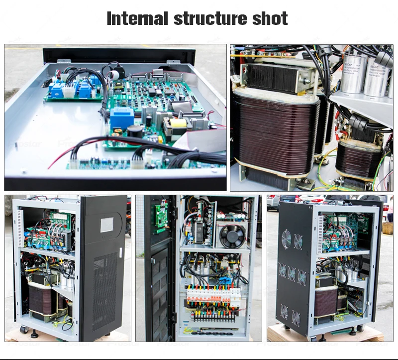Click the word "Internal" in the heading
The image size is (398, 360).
click(x=137, y=19)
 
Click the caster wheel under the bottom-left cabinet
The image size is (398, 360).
click(x=23, y=330)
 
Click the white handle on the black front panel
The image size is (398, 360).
click(x=121, y=252)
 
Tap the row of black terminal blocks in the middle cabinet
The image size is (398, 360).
click(x=214, y=315)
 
